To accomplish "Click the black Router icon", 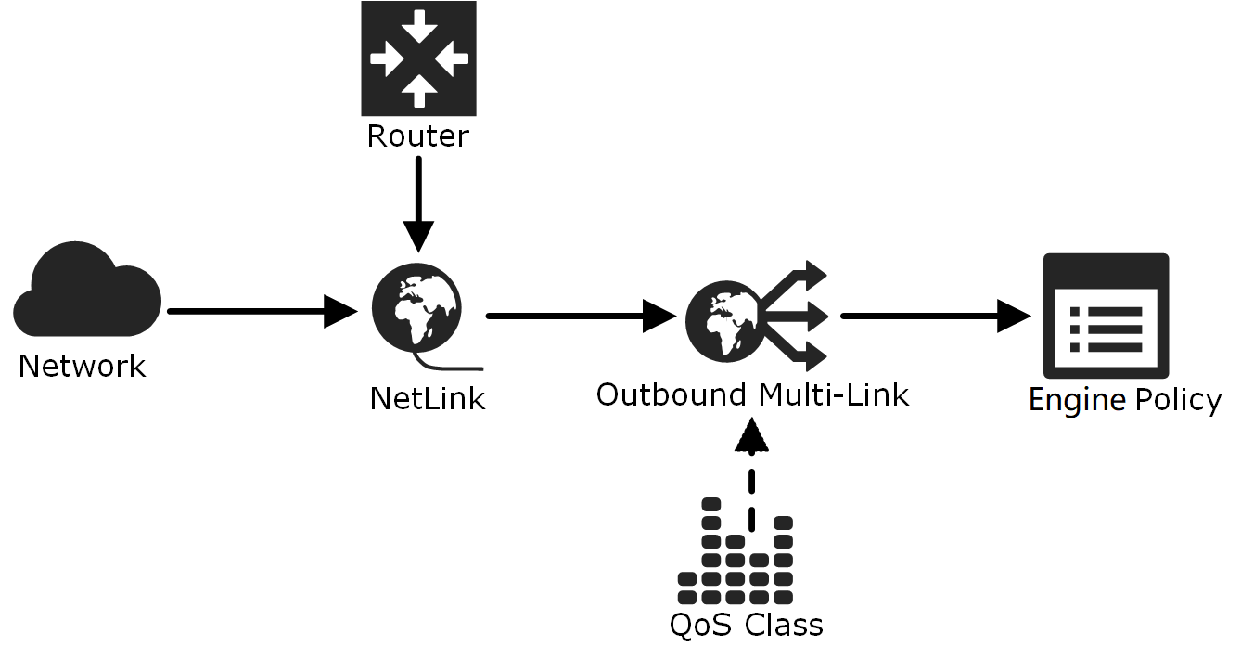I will click(x=418, y=58).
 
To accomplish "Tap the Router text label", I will click(x=418, y=136).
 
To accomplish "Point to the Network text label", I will click(x=82, y=366).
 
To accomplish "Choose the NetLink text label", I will click(x=428, y=398).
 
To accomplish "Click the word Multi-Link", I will click(x=833, y=394).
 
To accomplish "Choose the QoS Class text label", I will click(x=747, y=625).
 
